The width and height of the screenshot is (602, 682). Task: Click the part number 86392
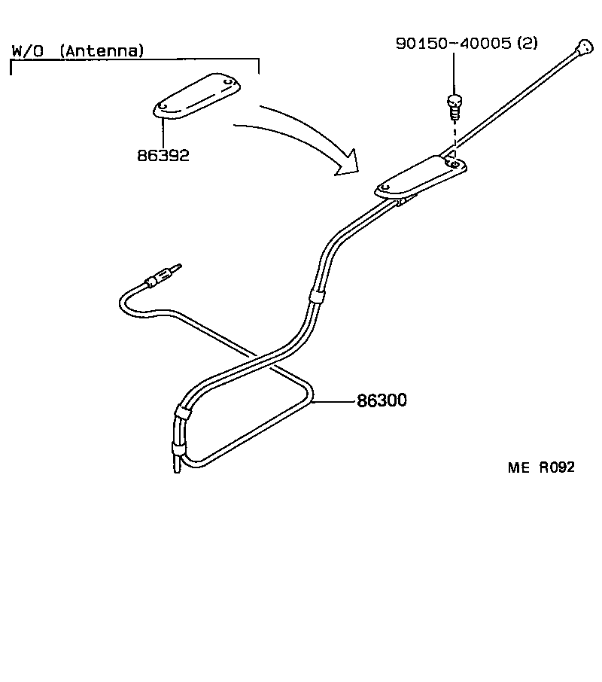[x=163, y=156]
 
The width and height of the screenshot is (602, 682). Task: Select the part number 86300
[x=382, y=401]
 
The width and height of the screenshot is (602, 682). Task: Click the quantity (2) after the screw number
[x=527, y=44]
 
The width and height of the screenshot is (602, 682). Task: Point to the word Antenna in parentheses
[x=102, y=51]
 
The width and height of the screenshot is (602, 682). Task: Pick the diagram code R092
[x=556, y=467]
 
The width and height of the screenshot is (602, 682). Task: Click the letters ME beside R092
[x=518, y=467]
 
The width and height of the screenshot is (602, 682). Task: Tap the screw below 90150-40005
[x=454, y=105]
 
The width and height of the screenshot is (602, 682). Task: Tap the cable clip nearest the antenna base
[x=316, y=296]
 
